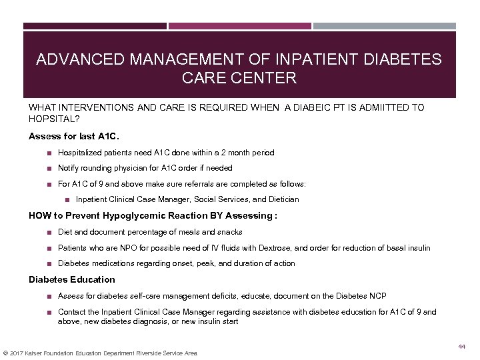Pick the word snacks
point(229,232)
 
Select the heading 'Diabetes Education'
point(72,279)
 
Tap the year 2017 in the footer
point(19,353)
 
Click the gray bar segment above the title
point(394,27)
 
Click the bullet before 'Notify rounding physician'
point(49,168)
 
